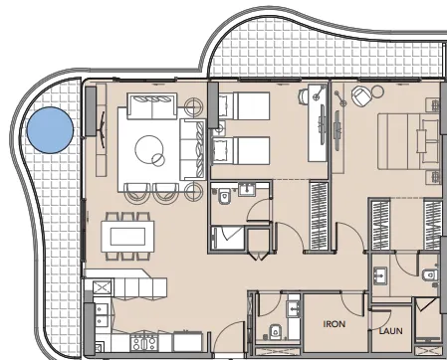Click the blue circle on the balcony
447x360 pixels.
(50, 130)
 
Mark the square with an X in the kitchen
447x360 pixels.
(100, 288)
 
